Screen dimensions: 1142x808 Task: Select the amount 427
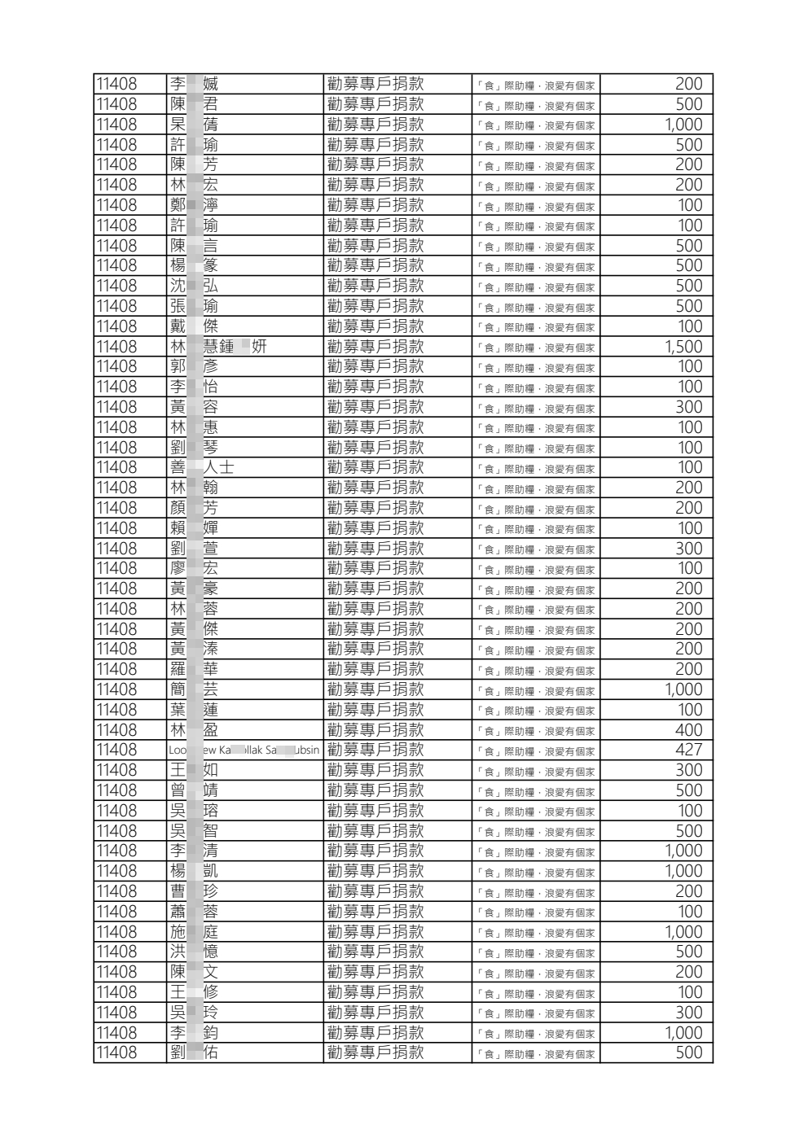pos(688,750)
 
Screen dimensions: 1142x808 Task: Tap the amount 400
pos(688,730)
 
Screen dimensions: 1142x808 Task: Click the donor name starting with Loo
pos(244,750)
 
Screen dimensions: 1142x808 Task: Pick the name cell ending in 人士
pos(201,467)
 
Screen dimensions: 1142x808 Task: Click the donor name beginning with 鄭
pos(194,205)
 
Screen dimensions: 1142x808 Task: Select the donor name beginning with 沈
pos(194,286)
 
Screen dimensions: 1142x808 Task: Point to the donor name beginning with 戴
pos(194,326)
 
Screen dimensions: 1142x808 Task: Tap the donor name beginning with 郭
pos(194,366)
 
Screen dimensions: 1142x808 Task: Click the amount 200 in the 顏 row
pos(688,508)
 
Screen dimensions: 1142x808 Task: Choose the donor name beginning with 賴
pos(194,528)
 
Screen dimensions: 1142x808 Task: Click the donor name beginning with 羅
pos(194,669)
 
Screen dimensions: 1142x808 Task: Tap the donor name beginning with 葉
pos(194,710)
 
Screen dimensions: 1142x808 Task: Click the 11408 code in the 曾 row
pos(116,790)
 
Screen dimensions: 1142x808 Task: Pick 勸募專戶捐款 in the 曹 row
pos(375,891)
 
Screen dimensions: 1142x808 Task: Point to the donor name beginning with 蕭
pos(194,912)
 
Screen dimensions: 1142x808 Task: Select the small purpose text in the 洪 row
pos(536,953)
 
